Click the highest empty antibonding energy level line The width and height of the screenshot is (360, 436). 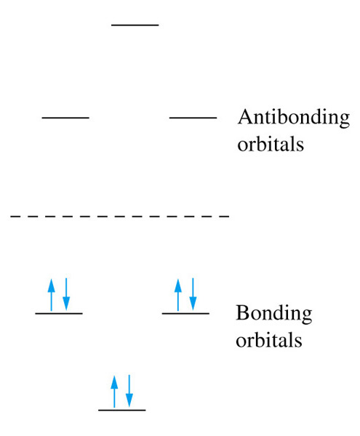[x=135, y=25]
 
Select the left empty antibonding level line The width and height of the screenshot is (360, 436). [x=65, y=118]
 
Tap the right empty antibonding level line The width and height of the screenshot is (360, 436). [x=193, y=118]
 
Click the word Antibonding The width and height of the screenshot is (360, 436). [x=294, y=118]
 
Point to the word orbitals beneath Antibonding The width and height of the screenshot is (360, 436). [x=271, y=145]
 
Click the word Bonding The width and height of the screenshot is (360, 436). [x=274, y=314]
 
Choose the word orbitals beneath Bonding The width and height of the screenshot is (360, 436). [x=269, y=340]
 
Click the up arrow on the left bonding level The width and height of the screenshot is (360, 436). [x=51, y=295]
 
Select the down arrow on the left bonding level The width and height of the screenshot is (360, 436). [x=66, y=294]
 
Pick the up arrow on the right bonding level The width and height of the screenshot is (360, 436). [x=178, y=295]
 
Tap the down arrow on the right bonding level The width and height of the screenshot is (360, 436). [x=193, y=294]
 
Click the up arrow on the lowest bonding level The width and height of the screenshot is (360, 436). [x=114, y=392]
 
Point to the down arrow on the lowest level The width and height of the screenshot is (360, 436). [x=129, y=391]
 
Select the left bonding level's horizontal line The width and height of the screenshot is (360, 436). [x=59, y=313]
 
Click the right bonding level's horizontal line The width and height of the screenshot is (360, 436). [x=186, y=313]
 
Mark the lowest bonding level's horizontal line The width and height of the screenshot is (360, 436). [x=122, y=410]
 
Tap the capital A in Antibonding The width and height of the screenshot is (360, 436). [x=245, y=116]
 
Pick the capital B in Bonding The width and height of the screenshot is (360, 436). [x=242, y=312]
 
